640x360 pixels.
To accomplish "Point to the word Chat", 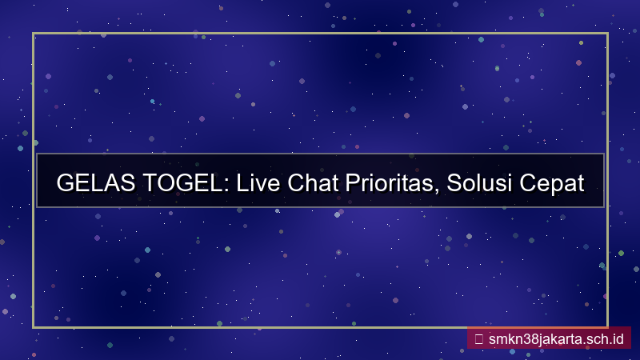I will (316, 183).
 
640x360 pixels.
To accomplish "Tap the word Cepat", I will (553, 183).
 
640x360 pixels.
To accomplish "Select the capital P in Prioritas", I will (354, 183).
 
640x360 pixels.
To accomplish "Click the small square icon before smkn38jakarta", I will (478, 338).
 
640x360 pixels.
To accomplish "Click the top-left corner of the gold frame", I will (34, 34).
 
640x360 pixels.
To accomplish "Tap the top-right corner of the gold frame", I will (607, 34).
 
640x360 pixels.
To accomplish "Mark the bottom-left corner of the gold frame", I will (34, 326).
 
